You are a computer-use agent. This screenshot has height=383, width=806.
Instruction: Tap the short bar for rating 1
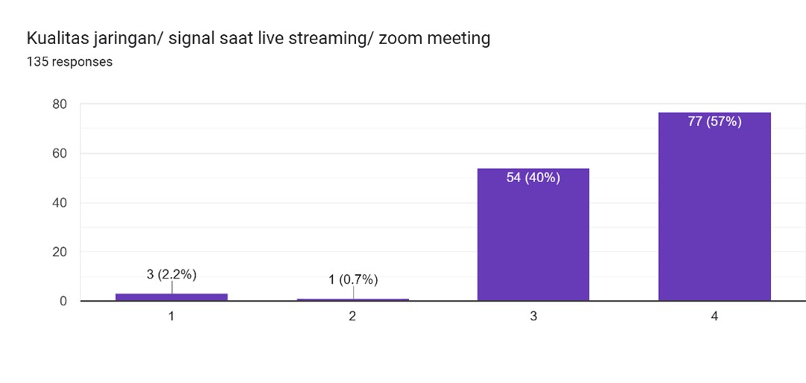(x=171, y=297)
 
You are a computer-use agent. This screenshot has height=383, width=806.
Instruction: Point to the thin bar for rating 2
(x=352, y=299)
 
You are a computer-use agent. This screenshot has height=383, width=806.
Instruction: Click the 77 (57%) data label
(x=714, y=122)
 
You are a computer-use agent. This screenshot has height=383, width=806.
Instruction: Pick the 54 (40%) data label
(x=533, y=178)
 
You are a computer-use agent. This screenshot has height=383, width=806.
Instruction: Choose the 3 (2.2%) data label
(x=171, y=274)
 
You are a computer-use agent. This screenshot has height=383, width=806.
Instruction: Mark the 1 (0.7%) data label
(x=352, y=280)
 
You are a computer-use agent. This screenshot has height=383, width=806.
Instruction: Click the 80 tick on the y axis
(x=60, y=105)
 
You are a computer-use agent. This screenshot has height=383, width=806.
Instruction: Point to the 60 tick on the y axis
(x=60, y=154)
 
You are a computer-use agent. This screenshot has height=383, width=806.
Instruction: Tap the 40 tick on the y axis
(x=60, y=203)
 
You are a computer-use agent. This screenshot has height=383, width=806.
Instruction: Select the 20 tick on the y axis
(x=60, y=252)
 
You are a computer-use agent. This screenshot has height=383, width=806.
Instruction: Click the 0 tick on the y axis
(x=63, y=301)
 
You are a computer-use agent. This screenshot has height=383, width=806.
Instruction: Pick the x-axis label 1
(x=171, y=317)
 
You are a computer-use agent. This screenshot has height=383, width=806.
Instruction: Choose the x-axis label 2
(x=352, y=317)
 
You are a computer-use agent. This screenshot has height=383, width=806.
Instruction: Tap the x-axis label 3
(x=533, y=317)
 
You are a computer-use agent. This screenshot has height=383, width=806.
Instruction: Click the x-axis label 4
(x=714, y=317)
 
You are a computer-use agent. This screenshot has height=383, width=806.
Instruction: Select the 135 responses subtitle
(x=69, y=62)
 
